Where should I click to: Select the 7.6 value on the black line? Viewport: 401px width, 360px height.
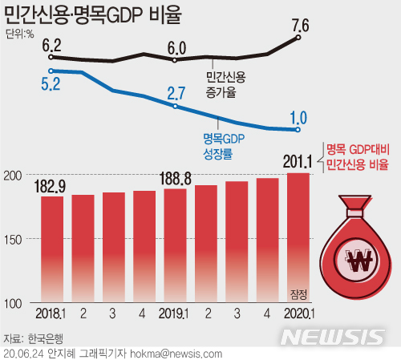[x=301, y=26]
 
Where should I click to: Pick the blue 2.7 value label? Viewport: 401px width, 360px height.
[x=176, y=93]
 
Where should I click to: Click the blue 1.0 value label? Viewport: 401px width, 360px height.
[x=298, y=116]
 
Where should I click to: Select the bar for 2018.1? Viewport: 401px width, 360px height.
[x=52, y=249]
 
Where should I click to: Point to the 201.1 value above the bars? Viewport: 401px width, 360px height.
[x=297, y=163]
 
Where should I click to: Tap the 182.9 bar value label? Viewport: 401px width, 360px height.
[x=52, y=186]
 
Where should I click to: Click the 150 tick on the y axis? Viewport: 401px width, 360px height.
[x=14, y=239]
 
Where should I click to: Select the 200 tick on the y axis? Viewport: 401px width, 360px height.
[x=14, y=175]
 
